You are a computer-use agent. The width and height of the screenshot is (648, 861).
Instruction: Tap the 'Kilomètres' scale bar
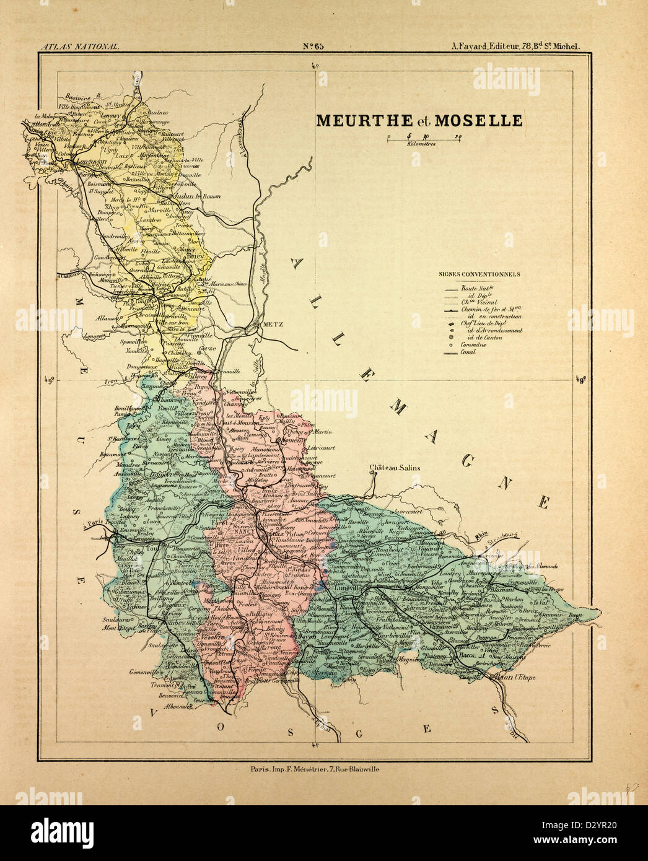(x=421, y=139)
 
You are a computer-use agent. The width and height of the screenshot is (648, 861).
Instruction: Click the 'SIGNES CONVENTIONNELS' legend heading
(x=479, y=274)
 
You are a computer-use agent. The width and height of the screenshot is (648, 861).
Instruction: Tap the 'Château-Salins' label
(x=395, y=468)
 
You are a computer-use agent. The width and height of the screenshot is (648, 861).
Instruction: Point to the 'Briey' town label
(x=195, y=253)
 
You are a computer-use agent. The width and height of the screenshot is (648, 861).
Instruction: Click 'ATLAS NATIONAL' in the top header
(x=78, y=46)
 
